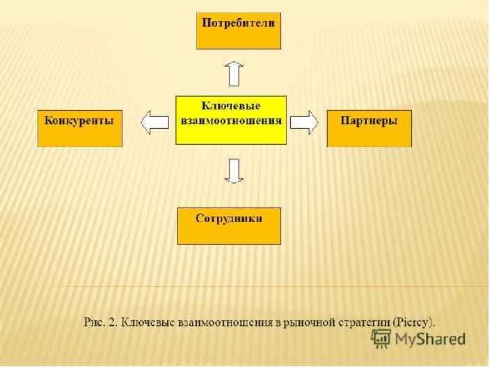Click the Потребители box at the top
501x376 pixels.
(238, 30)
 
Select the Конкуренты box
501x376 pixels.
(79, 127)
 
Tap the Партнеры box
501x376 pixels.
(369, 127)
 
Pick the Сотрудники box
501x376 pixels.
(229, 225)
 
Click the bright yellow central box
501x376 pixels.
(231, 120)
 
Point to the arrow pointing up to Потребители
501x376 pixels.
(234, 72)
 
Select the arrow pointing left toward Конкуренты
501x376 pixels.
(154, 123)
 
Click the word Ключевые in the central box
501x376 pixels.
(231, 106)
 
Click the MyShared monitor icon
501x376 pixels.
(381, 338)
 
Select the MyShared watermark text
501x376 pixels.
(429, 339)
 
